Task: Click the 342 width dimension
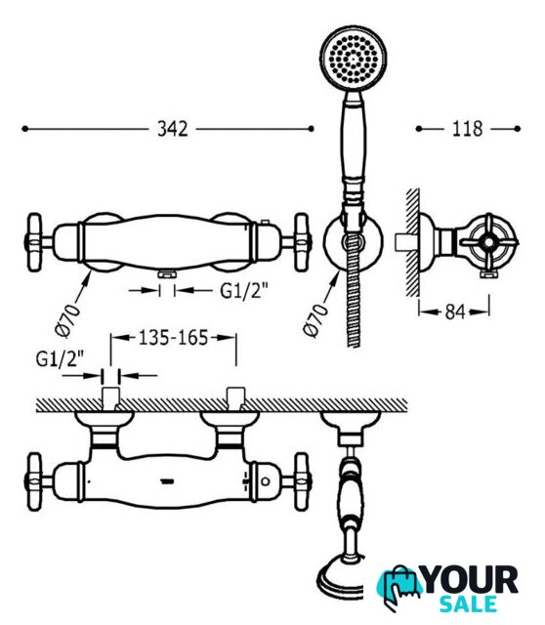click(172, 129)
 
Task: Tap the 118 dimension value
click(467, 129)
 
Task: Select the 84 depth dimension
click(455, 312)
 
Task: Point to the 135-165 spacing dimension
click(174, 338)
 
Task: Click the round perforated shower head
click(353, 59)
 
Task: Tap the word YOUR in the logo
click(471, 580)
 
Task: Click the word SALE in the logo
click(469, 604)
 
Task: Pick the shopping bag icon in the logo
click(399, 587)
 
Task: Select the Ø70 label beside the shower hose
click(315, 320)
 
